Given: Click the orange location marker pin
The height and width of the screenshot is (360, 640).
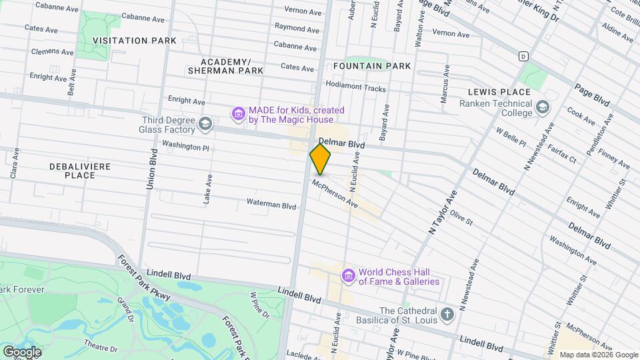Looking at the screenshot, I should [x=320, y=159].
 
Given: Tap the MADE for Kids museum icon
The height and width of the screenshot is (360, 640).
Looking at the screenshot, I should [x=238, y=115].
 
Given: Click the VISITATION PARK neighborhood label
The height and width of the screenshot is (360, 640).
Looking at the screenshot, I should [x=135, y=41].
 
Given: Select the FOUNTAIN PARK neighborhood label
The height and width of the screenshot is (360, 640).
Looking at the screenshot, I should [x=372, y=66].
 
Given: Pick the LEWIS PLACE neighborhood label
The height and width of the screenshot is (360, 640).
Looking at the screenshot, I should [x=499, y=92].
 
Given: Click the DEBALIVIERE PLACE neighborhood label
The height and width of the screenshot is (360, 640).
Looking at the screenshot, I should [x=80, y=170].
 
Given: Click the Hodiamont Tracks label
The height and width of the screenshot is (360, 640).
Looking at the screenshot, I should [x=355, y=88].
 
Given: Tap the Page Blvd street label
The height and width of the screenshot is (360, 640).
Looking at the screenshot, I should [x=592, y=95].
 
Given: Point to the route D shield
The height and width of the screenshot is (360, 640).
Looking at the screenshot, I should [x=524, y=56].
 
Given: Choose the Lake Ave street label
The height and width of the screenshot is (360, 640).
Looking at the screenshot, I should [x=209, y=189].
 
